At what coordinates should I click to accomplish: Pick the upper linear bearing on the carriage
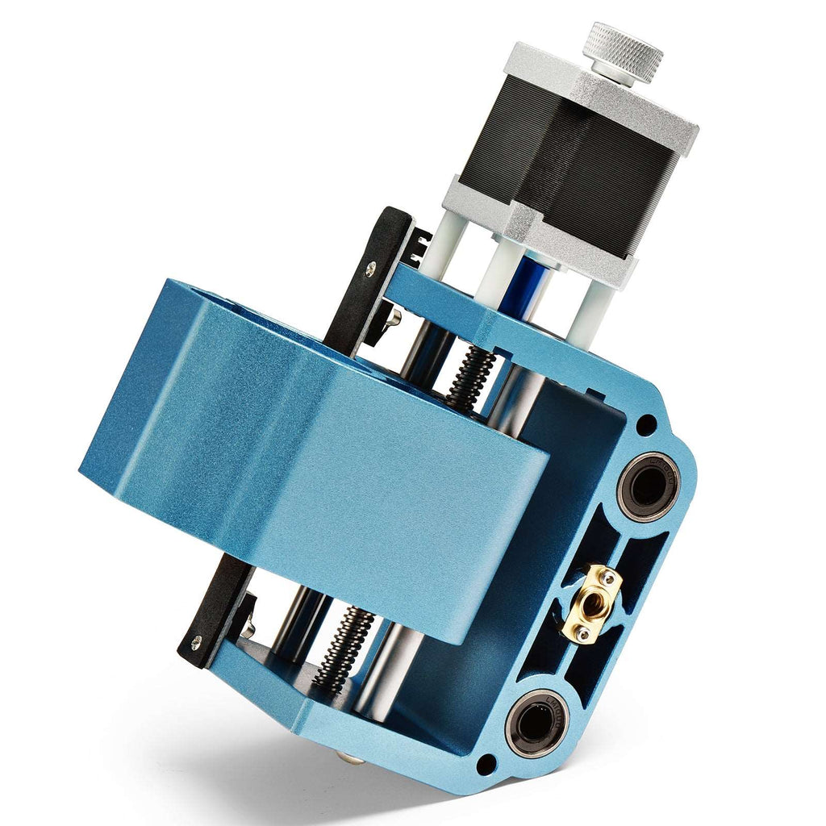(649, 486)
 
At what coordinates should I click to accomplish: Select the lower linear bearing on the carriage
(536, 724)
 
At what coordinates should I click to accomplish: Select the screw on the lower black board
(196, 642)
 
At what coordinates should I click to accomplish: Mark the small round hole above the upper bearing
(646, 423)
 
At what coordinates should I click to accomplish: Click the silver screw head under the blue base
(348, 758)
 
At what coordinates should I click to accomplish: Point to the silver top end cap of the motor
(601, 89)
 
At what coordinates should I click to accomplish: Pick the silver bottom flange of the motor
(532, 234)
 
